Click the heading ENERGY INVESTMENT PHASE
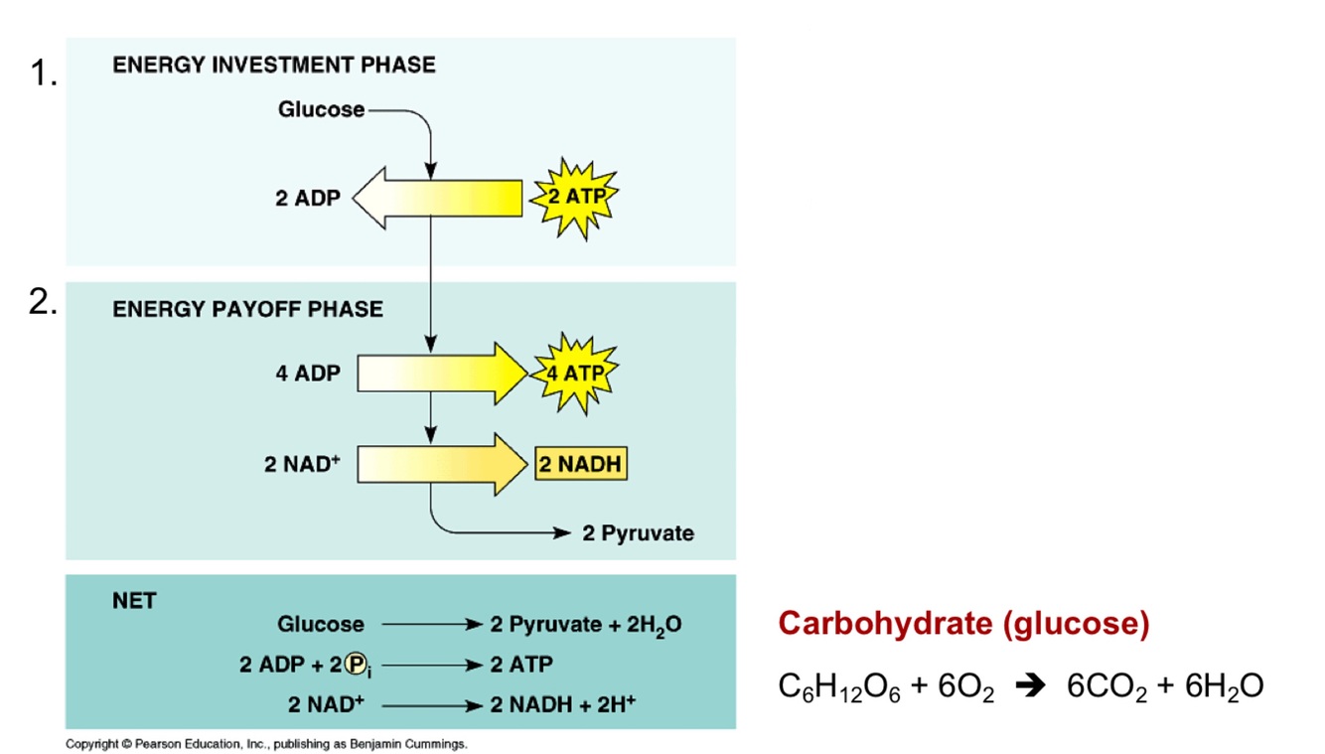pos(273,66)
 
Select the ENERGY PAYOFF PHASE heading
pos(247,309)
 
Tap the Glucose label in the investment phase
pos(321,109)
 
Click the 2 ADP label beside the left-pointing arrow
pos(307,198)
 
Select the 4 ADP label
pos(307,375)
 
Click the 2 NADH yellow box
pos(582,464)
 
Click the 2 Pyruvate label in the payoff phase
pos(638,533)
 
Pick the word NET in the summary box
pos(134,601)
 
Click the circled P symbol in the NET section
pos(355,665)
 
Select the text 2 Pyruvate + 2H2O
pos(586,625)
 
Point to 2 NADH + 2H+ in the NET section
pos(563,704)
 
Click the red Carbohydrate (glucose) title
pos(963,624)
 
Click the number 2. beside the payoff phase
pos(41,304)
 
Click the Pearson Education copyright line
pos(266,743)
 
